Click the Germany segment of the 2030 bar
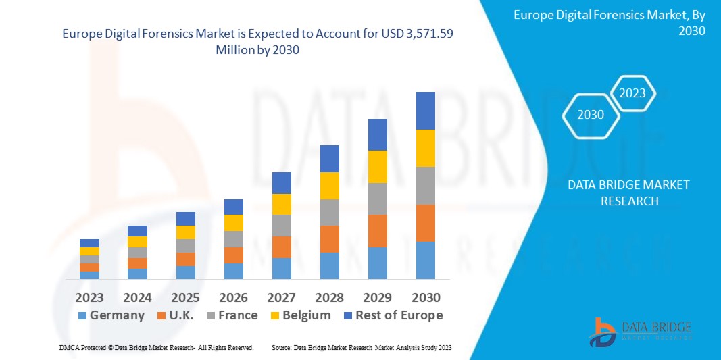pos(425,260)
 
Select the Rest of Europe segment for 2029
pos(377,134)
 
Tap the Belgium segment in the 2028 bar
pos(329,186)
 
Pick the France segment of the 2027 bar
pos(281,226)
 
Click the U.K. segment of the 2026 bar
pos(233,255)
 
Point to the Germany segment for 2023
pos(89,275)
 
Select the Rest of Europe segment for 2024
pos(137,231)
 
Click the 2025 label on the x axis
pos(185,298)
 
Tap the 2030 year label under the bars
pos(425,298)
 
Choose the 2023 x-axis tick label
pos(89,298)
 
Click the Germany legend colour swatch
pos(82,315)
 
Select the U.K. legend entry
pos(175,315)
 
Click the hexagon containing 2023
pos(632,93)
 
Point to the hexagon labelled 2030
pos(591,115)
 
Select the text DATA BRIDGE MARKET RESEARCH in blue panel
pos(628,192)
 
